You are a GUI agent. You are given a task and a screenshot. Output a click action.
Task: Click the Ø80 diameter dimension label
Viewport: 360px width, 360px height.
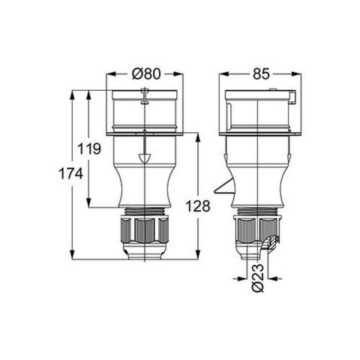click(146, 73)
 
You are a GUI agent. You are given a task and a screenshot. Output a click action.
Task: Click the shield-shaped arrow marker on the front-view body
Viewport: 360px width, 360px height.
click(145, 159)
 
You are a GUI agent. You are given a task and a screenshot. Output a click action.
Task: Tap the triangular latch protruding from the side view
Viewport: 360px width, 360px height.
click(223, 187)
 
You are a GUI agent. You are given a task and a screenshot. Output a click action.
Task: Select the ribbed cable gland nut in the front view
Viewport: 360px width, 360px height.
click(145, 229)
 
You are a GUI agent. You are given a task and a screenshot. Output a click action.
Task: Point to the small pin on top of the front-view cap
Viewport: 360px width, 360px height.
click(145, 93)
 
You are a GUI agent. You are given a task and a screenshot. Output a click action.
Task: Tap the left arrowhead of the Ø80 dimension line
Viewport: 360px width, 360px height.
click(109, 73)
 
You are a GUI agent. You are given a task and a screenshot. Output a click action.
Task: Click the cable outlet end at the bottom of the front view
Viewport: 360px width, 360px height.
click(145, 253)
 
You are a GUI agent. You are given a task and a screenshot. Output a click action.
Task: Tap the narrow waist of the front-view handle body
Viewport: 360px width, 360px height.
click(145, 184)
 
